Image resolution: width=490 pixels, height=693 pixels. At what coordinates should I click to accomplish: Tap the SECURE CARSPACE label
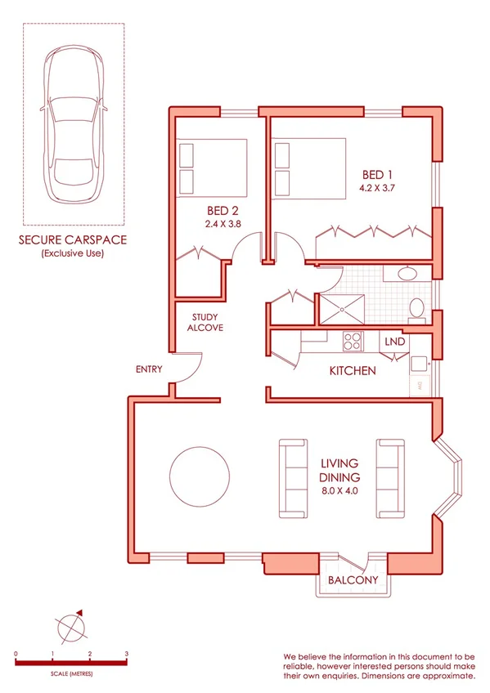pyautogui.click(x=74, y=240)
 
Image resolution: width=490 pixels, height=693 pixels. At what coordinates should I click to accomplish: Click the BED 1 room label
pyautogui.click(x=378, y=174)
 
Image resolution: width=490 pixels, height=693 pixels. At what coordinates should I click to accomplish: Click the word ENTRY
pyautogui.click(x=150, y=369)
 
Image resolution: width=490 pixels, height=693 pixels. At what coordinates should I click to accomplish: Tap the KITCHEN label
pyautogui.click(x=352, y=371)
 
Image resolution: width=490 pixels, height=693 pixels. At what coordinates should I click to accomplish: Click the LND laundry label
pyautogui.click(x=394, y=342)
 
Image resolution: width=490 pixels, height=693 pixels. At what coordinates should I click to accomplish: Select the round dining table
pyautogui.click(x=200, y=476)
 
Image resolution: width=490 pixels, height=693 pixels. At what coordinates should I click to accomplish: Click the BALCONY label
pyautogui.click(x=353, y=580)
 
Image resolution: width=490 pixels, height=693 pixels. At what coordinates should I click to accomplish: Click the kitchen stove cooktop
pyautogui.click(x=353, y=340)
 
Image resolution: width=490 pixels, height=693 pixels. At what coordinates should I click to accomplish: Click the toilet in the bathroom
pyautogui.click(x=416, y=308)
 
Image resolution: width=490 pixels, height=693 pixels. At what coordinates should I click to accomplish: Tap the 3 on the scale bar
pyautogui.click(x=126, y=655)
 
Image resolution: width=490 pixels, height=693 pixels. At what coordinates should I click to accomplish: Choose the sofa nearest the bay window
pyautogui.click(x=390, y=478)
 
